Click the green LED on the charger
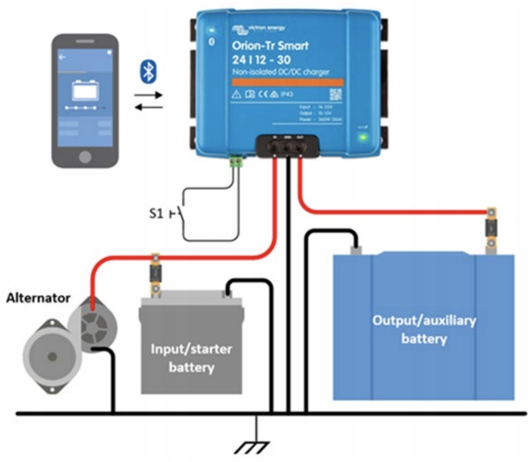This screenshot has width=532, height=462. (x=363, y=137)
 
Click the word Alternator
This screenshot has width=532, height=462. (x=38, y=298)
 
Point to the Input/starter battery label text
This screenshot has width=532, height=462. (x=191, y=358)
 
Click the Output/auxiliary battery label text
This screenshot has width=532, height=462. (x=424, y=330)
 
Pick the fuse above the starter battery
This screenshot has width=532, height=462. (x=155, y=272)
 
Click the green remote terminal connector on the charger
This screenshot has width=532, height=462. (x=237, y=163)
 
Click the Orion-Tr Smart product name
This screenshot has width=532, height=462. (x=270, y=46)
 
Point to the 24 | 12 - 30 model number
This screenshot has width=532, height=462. (x=260, y=60)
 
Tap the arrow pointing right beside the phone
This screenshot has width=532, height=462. (x=149, y=95)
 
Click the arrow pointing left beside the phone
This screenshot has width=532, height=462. (x=149, y=107)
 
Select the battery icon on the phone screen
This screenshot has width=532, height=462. (x=86, y=90)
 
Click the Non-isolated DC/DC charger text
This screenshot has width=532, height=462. (x=280, y=72)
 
